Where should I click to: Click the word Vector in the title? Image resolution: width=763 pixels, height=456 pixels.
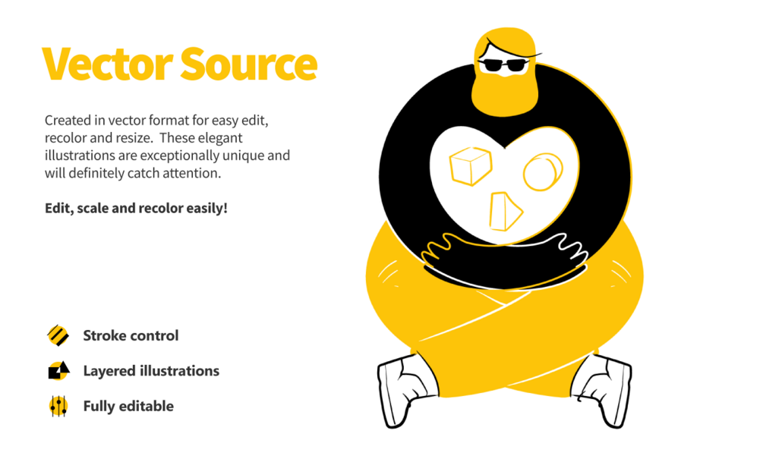coord(108,64)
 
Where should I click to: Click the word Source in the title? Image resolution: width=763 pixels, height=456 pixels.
coord(249,64)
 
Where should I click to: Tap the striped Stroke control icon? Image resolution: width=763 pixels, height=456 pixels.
coord(58,335)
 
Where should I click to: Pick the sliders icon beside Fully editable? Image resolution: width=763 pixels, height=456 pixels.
coord(58,406)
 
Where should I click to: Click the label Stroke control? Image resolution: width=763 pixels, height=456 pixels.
coord(131,335)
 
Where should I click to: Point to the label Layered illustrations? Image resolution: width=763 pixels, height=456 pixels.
coord(151,371)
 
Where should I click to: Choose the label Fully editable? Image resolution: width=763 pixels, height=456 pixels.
coord(128,406)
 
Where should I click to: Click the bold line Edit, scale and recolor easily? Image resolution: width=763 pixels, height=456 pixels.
coord(136,208)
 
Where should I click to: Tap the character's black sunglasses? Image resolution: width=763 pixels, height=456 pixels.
coord(503,65)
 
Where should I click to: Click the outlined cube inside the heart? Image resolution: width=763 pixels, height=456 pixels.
coord(471,165)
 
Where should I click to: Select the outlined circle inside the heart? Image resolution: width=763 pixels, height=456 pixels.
coord(543,171)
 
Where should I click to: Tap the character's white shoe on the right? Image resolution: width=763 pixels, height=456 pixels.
coord(602,390)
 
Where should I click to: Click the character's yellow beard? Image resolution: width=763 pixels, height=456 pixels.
coord(505,94)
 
